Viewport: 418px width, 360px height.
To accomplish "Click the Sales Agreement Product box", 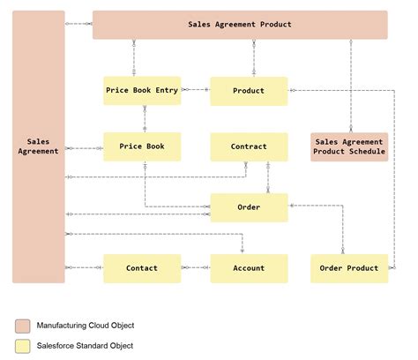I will click(x=239, y=25).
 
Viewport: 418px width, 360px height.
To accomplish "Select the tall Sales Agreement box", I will click(x=39, y=146).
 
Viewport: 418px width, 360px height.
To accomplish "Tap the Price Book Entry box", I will click(x=142, y=90).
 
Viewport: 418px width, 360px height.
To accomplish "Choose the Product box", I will click(x=249, y=91).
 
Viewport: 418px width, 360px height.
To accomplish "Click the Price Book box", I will click(x=142, y=146).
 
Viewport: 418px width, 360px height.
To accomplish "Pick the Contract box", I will click(x=249, y=146).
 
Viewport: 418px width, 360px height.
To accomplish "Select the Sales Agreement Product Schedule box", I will click(x=349, y=146).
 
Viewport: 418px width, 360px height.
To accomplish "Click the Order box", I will click(x=249, y=207).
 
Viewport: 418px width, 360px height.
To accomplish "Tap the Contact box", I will click(x=142, y=268).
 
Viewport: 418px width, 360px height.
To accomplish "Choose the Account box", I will click(x=249, y=268).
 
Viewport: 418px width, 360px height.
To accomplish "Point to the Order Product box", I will click(x=349, y=268).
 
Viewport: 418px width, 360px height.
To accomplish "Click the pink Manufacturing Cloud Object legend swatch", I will click(x=21, y=326).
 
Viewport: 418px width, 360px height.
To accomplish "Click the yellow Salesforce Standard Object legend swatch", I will click(x=21, y=346).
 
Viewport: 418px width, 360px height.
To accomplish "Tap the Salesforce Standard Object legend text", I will click(x=85, y=346).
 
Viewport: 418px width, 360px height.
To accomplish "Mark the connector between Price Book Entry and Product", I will click(x=195, y=90).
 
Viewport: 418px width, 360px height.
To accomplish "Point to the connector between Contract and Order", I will click(x=268, y=177).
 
